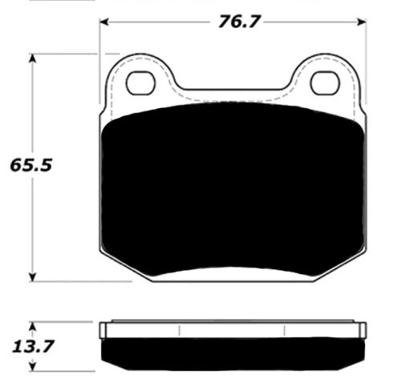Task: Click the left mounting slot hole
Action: click(141, 82)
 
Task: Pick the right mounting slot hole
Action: click(325, 82)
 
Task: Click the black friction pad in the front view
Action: click(233, 192)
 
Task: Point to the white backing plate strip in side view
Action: click(233, 330)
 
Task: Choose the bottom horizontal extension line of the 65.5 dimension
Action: click(80, 281)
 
